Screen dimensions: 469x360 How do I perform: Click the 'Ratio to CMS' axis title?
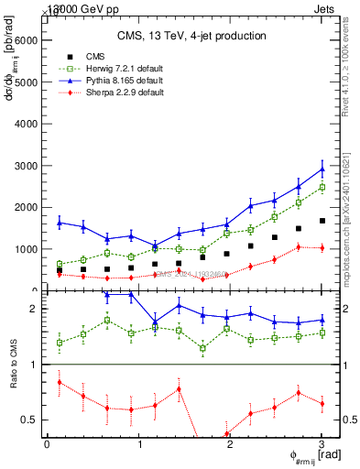coord(12,376)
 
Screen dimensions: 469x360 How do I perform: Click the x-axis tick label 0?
coord(47,444)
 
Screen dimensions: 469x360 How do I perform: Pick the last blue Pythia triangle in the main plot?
coord(322,169)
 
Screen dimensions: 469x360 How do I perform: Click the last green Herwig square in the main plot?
coord(322,187)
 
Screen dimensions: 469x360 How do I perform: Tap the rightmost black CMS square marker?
coord(322,221)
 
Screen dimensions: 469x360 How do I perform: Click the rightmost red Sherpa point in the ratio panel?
coord(322,403)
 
